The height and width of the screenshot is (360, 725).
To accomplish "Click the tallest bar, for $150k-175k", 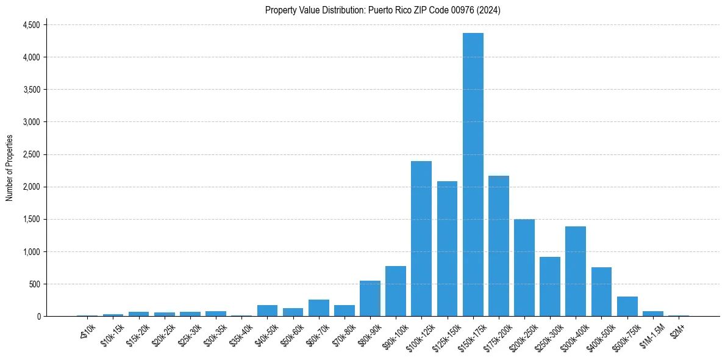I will click(473, 175).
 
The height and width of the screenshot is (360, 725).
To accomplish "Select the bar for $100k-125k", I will click(421, 239).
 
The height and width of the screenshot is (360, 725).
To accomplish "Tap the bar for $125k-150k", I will click(447, 249).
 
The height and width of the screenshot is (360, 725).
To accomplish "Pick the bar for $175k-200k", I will click(498, 246).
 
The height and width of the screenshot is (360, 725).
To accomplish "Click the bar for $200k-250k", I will click(524, 268).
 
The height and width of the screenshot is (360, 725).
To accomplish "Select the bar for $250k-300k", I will click(550, 287).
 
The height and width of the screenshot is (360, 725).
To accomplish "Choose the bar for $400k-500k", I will click(601, 292).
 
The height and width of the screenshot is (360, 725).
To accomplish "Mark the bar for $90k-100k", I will click(396, 291).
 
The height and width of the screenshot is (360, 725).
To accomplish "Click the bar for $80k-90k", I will click(370, 298).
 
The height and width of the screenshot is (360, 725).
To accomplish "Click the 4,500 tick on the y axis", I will click(31, 25).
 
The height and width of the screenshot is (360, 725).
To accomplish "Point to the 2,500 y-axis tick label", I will click(31, 154).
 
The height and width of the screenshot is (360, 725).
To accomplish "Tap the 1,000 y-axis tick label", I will click(31, 251).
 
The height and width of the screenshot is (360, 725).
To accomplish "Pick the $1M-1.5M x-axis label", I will click(652, 335).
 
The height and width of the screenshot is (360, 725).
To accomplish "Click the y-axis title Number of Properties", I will click(9, 168).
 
